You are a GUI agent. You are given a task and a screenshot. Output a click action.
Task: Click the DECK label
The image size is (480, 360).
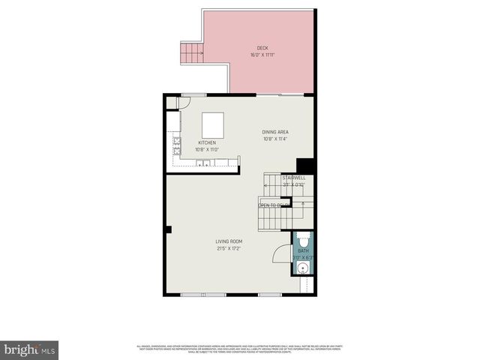[x=262, y=47]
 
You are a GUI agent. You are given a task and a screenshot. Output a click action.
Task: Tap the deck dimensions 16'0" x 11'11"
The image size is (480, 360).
[x=262, y=55]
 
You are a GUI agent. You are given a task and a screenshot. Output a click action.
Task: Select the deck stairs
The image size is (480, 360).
[x=193, y=53]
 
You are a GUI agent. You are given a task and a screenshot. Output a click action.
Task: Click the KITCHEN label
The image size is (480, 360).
[x=207, y=142]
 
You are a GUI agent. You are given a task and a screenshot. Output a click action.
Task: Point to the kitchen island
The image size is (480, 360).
[x=213, y=124]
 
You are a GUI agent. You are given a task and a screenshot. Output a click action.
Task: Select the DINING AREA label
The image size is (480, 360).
[x=276, y=132]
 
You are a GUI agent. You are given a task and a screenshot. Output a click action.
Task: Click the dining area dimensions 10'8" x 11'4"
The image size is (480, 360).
[x=276, y=139]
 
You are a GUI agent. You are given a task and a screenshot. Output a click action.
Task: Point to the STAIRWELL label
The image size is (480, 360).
[x=293, y=178]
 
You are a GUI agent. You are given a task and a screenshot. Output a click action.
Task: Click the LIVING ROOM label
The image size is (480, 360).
[x=229, y=241]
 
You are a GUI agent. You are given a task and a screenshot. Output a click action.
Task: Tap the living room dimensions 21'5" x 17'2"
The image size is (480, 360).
[x=229, y=249]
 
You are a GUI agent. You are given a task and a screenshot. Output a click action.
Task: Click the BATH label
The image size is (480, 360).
[x=303, y=251]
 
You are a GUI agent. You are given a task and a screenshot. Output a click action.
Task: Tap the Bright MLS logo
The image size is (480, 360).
[x=30, y=349]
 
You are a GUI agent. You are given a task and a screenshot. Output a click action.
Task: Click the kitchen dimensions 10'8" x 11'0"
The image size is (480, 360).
[x=207, y=150]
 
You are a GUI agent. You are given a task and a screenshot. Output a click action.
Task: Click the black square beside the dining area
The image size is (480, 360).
[x=304, y=166]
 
